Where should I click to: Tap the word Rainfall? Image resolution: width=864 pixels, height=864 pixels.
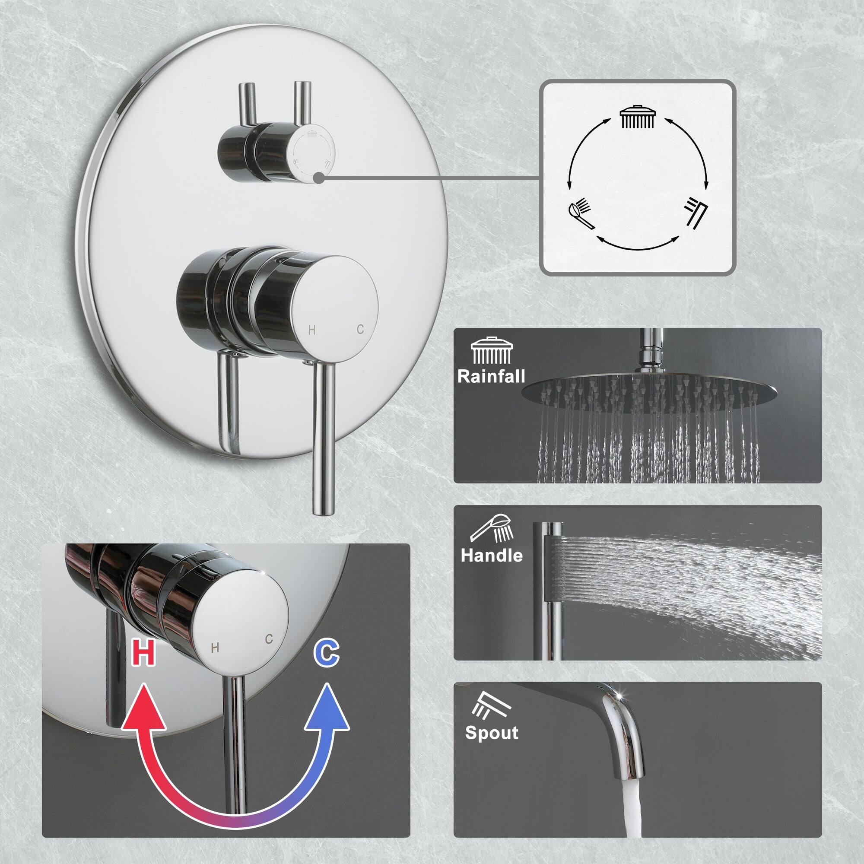point(491,376)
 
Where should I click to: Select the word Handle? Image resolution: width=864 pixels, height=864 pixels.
point(492,556)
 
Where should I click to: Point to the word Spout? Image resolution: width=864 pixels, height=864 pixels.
point(492,733)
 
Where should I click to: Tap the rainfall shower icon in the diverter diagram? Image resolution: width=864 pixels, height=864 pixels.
point(638,117)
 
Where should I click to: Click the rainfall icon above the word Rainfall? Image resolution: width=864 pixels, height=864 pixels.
point(491,351)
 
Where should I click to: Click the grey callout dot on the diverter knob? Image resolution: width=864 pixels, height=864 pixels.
point(318,178)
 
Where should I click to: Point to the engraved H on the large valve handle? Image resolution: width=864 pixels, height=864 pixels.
point(312,330)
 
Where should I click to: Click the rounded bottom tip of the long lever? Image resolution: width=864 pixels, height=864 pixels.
point(323,509)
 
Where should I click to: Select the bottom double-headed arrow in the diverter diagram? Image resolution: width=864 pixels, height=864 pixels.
point(637,242)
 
